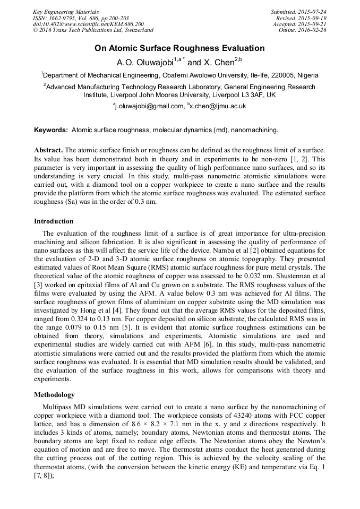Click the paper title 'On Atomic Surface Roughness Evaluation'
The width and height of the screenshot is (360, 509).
click(179, 48)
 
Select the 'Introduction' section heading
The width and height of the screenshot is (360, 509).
click(54, 221)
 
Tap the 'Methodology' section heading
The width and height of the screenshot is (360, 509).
click(54, 395)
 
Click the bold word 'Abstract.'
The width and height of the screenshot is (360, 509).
click(48, 150)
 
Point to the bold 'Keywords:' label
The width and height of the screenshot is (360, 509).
click(51, 130)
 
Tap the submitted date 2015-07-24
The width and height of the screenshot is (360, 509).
click(313, 12)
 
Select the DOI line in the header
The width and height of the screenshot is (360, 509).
click(88, 24)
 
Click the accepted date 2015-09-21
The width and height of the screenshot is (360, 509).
click(313, 24)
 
